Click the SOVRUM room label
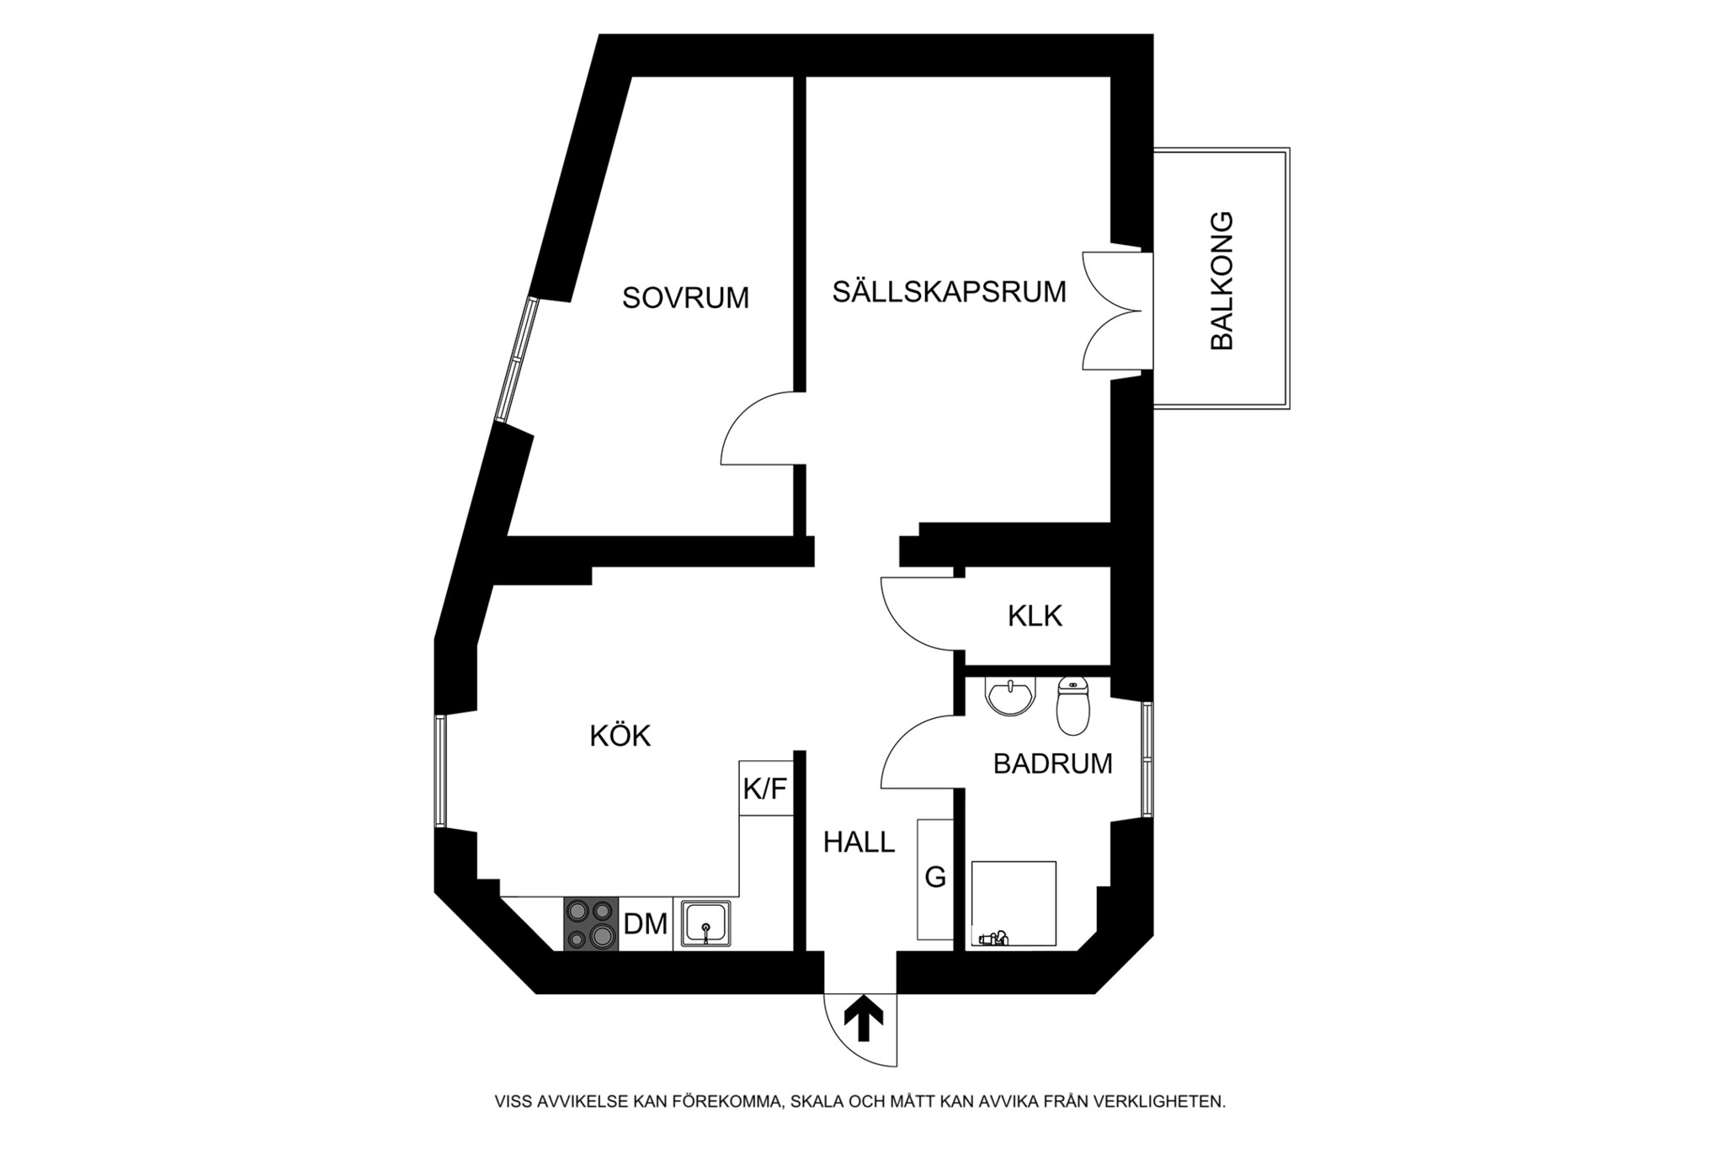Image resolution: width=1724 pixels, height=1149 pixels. (x=685, y=298)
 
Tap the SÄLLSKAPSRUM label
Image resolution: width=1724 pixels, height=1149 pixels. (x=949, y=292)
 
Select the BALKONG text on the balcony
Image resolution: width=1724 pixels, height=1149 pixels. (x=1221, y=280)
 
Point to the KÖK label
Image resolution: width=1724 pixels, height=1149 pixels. (x=620, y=736)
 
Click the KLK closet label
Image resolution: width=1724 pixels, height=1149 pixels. (x=1035, y=616)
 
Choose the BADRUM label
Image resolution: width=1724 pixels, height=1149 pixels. (x=1052, y=763)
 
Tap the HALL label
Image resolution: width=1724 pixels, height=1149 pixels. (x=859, y=842)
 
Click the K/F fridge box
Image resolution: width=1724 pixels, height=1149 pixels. (x=765, y=789)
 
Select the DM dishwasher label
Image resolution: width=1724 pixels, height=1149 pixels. (x=646, y=924)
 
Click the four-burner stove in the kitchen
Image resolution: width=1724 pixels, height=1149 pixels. (x=590, y=924)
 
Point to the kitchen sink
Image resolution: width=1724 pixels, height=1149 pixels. (x=706, y=924)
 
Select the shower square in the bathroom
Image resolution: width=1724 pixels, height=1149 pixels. (x=1014, y=904)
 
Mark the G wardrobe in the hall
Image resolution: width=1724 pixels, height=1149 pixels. (x=935, y=879)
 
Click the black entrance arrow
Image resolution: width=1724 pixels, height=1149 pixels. (x=864, y=1019)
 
